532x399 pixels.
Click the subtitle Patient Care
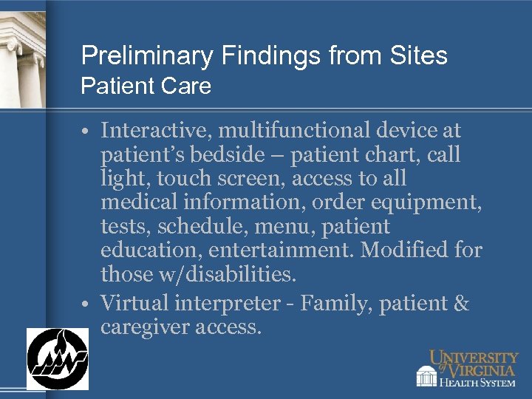[146, 86]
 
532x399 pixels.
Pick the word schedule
[200, 227]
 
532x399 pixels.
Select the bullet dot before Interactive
[87, 132]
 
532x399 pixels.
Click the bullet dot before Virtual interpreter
[87, 304]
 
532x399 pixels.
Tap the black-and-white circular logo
[58, 358]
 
